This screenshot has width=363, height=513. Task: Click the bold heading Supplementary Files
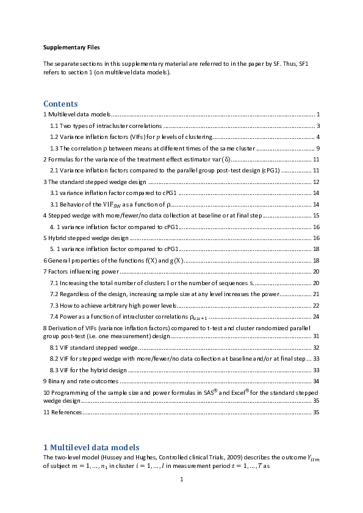pos(71,47)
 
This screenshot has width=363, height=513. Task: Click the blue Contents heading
pos(60,104)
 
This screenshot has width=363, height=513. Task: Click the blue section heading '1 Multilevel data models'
pos(91,447)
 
